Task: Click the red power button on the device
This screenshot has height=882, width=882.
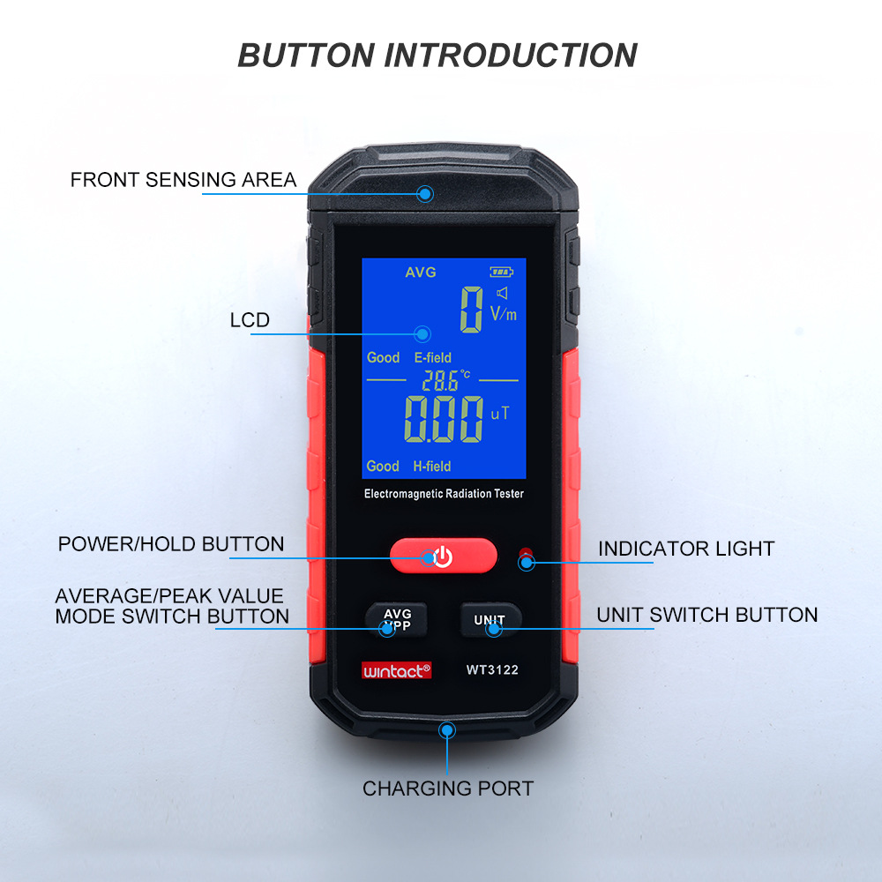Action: pos(443,556)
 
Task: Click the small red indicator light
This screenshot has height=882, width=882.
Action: pos(527,556)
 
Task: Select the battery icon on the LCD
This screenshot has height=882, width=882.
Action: pos(500,273)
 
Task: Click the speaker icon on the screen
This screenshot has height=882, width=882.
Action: pos(503,293)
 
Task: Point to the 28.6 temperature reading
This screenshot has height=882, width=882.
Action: pos(441,381)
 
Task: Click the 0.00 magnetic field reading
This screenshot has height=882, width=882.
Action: pos(443,420)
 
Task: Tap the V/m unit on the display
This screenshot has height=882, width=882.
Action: pos(503,313)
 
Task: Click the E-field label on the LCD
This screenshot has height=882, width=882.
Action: pos(432,357)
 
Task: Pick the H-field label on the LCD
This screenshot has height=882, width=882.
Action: pos(432,466)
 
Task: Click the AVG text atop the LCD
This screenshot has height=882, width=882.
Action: pos(421,273)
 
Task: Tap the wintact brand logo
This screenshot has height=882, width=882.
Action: pos(397,670)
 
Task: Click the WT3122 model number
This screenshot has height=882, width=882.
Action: pos(492,669)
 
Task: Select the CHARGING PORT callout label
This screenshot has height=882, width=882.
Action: pos(448,788)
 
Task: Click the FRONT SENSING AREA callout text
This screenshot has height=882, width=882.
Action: pos(183,180)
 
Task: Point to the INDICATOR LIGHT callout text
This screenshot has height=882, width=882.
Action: pos(685,549)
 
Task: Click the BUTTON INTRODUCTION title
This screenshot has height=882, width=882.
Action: pos(437,55)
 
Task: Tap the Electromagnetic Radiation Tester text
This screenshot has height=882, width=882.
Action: pos(444,494)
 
